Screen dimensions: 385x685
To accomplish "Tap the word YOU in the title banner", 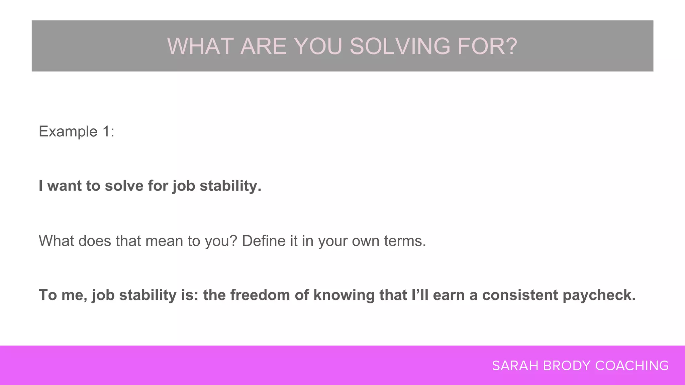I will [318, 46].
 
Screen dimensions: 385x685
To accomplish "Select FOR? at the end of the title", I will [487, 46].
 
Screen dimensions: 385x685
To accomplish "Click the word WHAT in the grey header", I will [200, 46].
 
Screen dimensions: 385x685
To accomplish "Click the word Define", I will [264, 241].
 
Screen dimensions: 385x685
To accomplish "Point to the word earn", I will [448, 295].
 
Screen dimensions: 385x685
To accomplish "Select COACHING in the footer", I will [632, 366].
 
